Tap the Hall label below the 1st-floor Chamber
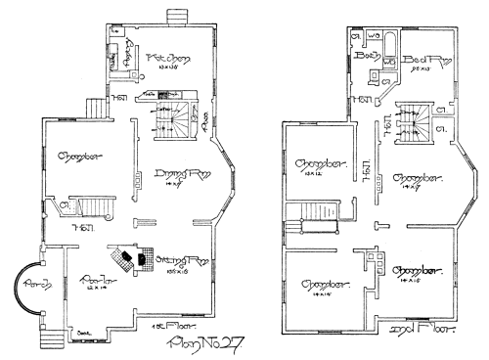(78, 227)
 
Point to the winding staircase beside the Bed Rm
(414, 119)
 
